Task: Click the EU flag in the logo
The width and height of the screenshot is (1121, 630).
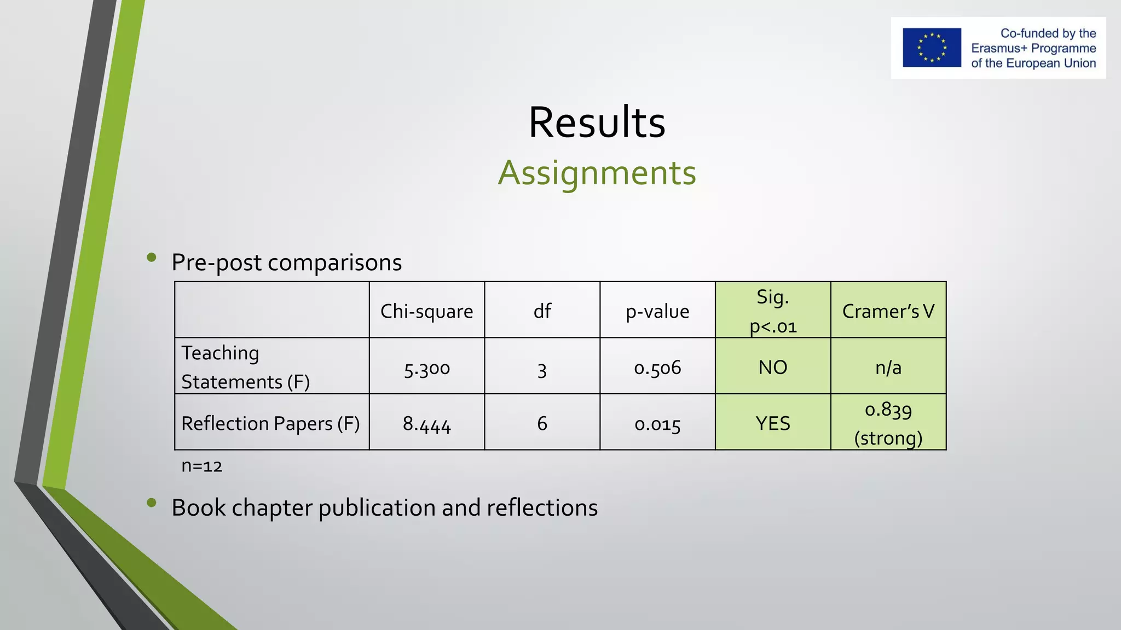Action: click(932, 48)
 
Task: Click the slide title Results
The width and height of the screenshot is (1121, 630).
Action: click(597, 122)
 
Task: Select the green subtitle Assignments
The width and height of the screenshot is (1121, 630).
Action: click(597, 173)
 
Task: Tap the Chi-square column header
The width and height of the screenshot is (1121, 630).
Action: click(426, 311)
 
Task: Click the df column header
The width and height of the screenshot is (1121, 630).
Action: click(542, 311)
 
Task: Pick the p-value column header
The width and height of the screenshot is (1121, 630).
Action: click(657, 311)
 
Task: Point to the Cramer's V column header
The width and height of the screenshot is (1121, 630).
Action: click(888, 311)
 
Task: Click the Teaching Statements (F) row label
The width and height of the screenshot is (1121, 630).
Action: click(246, 367)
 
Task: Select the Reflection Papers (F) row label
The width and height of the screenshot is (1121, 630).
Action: click(270, 423)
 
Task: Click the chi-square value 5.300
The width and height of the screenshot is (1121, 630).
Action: click(426, 368)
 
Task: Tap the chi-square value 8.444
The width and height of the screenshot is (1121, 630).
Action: click(426, 424)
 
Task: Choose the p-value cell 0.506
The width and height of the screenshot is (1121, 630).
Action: click(657, 367)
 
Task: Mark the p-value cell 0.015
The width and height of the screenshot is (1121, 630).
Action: click(657, 424)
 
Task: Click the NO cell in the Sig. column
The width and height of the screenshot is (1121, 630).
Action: click(772, 367)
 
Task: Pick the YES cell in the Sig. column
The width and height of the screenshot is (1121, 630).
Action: click(772, 423)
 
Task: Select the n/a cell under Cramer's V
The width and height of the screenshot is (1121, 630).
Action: click(888, 367)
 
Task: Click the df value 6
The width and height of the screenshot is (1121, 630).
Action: click(542, 423)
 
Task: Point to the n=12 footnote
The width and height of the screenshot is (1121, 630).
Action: click(201, 466)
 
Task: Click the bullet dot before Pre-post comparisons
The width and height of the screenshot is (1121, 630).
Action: click(152, 257)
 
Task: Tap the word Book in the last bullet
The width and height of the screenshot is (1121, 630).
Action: click(198, 507)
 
